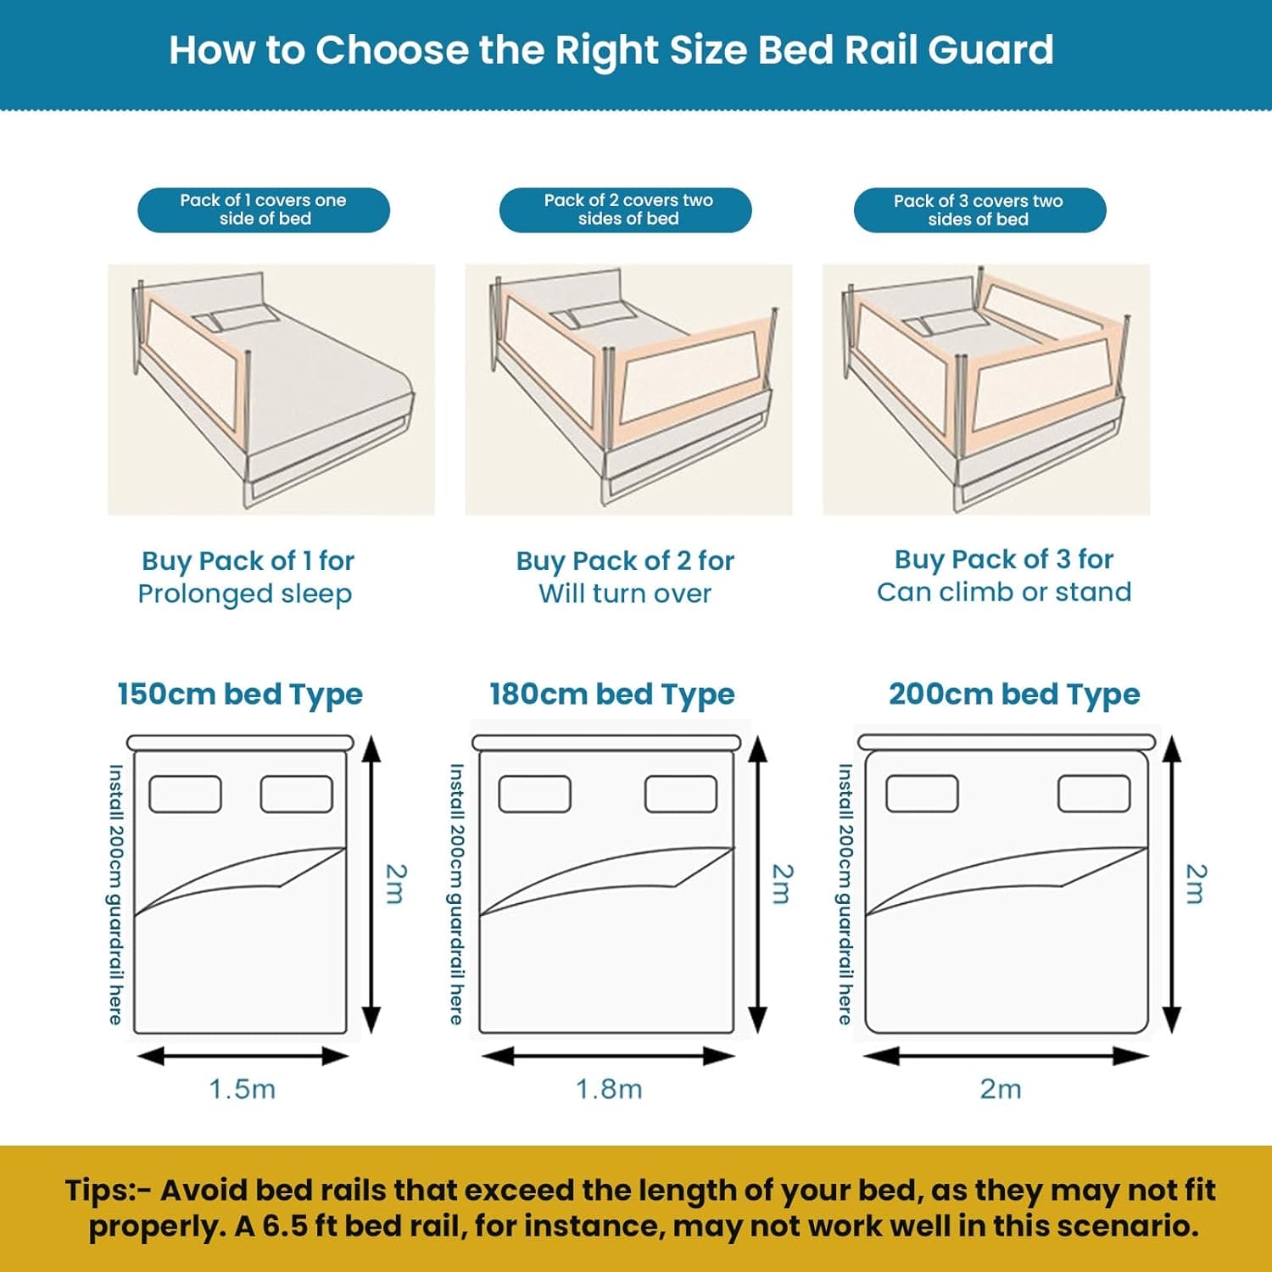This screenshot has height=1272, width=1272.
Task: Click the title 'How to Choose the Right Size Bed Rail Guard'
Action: coord(611,50)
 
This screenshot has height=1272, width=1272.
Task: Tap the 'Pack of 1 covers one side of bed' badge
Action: coord(264,210)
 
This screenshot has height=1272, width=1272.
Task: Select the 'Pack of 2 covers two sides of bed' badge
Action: coord(626,210)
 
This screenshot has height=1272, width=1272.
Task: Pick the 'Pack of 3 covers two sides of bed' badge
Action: coord(979,210)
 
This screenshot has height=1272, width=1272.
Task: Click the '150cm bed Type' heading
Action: coord(240,694)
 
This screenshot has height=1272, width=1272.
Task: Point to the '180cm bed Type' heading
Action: coord(611,694)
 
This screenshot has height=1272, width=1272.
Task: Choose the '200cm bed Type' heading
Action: coord(1014,694)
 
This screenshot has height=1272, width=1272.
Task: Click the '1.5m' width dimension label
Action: coord(243,1089)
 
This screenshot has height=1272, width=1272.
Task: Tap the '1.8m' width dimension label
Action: coord(609,1089)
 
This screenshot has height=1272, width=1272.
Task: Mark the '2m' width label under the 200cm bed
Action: coord(1001,1089)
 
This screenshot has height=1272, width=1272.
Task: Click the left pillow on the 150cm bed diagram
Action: coord(186,795)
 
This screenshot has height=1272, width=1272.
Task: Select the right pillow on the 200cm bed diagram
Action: coord(1094,795)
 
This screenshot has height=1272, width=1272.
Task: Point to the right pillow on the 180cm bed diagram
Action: coord(681,795)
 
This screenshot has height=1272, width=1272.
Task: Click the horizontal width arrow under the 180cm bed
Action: coord(608,1056)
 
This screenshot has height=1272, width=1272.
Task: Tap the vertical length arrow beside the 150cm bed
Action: coord(371,884)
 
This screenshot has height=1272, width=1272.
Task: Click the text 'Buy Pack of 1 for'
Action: coord(248,561)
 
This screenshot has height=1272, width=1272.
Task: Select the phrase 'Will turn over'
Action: coord(625,594)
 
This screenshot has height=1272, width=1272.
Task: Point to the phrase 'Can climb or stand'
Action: coord(1004,592)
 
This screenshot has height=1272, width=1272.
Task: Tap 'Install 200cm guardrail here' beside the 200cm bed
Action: coord(845,894)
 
